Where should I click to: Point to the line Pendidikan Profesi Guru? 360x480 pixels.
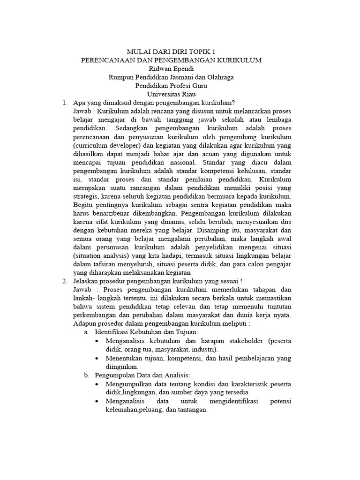tap(171, 86)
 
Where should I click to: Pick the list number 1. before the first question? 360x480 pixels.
tap(65, 103)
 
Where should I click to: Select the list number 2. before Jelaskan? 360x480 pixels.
tap(65, 281)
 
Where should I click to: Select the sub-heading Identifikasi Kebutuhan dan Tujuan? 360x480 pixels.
tap(147, 332)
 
